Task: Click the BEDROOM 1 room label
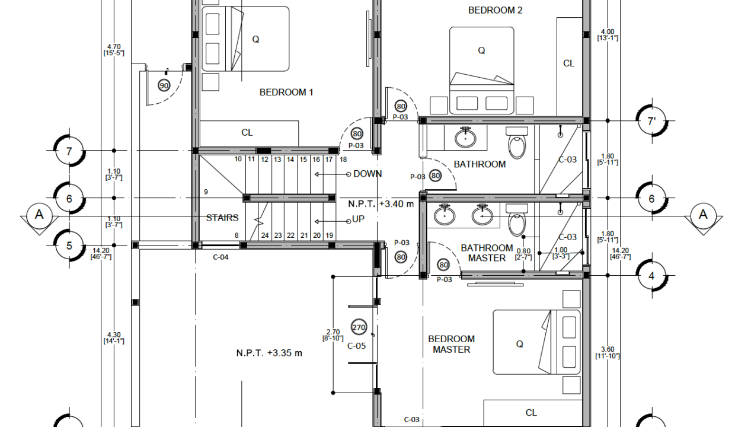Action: pos(286,93)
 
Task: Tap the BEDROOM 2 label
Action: pos(495,11)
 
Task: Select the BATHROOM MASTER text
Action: pos(487,253)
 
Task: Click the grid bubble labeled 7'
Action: pos(651,121)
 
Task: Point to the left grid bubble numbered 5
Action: pos(69,246)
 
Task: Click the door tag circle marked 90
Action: pos(164,85)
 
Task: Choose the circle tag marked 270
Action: pos(359,327)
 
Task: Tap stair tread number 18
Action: pos(343,160)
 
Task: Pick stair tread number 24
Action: pos(265,235)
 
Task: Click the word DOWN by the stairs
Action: pos(367,174)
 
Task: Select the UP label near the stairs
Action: pos(358,219)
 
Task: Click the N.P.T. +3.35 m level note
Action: pos(269,353)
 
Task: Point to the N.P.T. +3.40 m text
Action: pos(381,204)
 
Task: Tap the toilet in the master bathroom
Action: pos(517,219)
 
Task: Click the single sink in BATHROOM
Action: pos(465,137)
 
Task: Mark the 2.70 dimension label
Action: pos(333,332)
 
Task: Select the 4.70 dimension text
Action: pos(114,47)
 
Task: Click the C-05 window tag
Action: pos(356,346)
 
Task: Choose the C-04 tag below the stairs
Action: pos(220,257)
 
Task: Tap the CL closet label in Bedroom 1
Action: pos(247,133)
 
